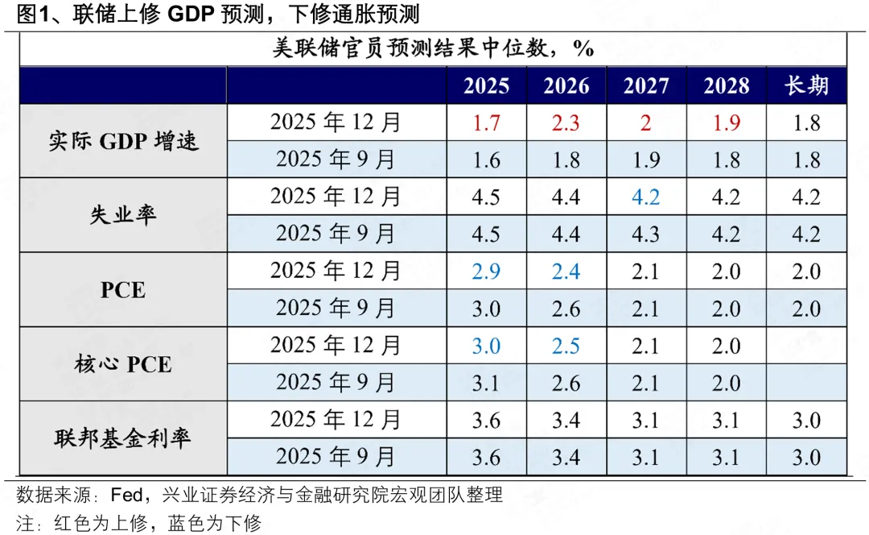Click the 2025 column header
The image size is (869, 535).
(x=486, y=86)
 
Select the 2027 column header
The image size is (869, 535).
(x=646, y=86)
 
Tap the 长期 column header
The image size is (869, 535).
(x=806, y=86)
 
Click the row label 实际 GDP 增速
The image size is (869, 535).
(x=123, y=141)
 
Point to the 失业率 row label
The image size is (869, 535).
(x=123, y=215)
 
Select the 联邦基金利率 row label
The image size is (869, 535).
(x=123, y=438)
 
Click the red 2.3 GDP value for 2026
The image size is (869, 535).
(x=566, y=123)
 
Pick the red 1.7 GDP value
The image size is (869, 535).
(x=486, y=123)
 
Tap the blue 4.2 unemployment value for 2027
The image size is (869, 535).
(x=646, y=197)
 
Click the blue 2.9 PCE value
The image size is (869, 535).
(x=486, y=271)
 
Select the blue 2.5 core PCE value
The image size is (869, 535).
(x=566, y=346)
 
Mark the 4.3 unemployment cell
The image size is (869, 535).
(x=646, y=234)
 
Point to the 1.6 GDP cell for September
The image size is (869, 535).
(x=486, y=160)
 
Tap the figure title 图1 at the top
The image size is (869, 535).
(x=28, y=14)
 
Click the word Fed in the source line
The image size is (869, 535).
(x=126, y=495)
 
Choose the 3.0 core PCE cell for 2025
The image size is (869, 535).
(x=486, y=346)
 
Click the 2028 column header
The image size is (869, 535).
(x=726, y=86)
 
